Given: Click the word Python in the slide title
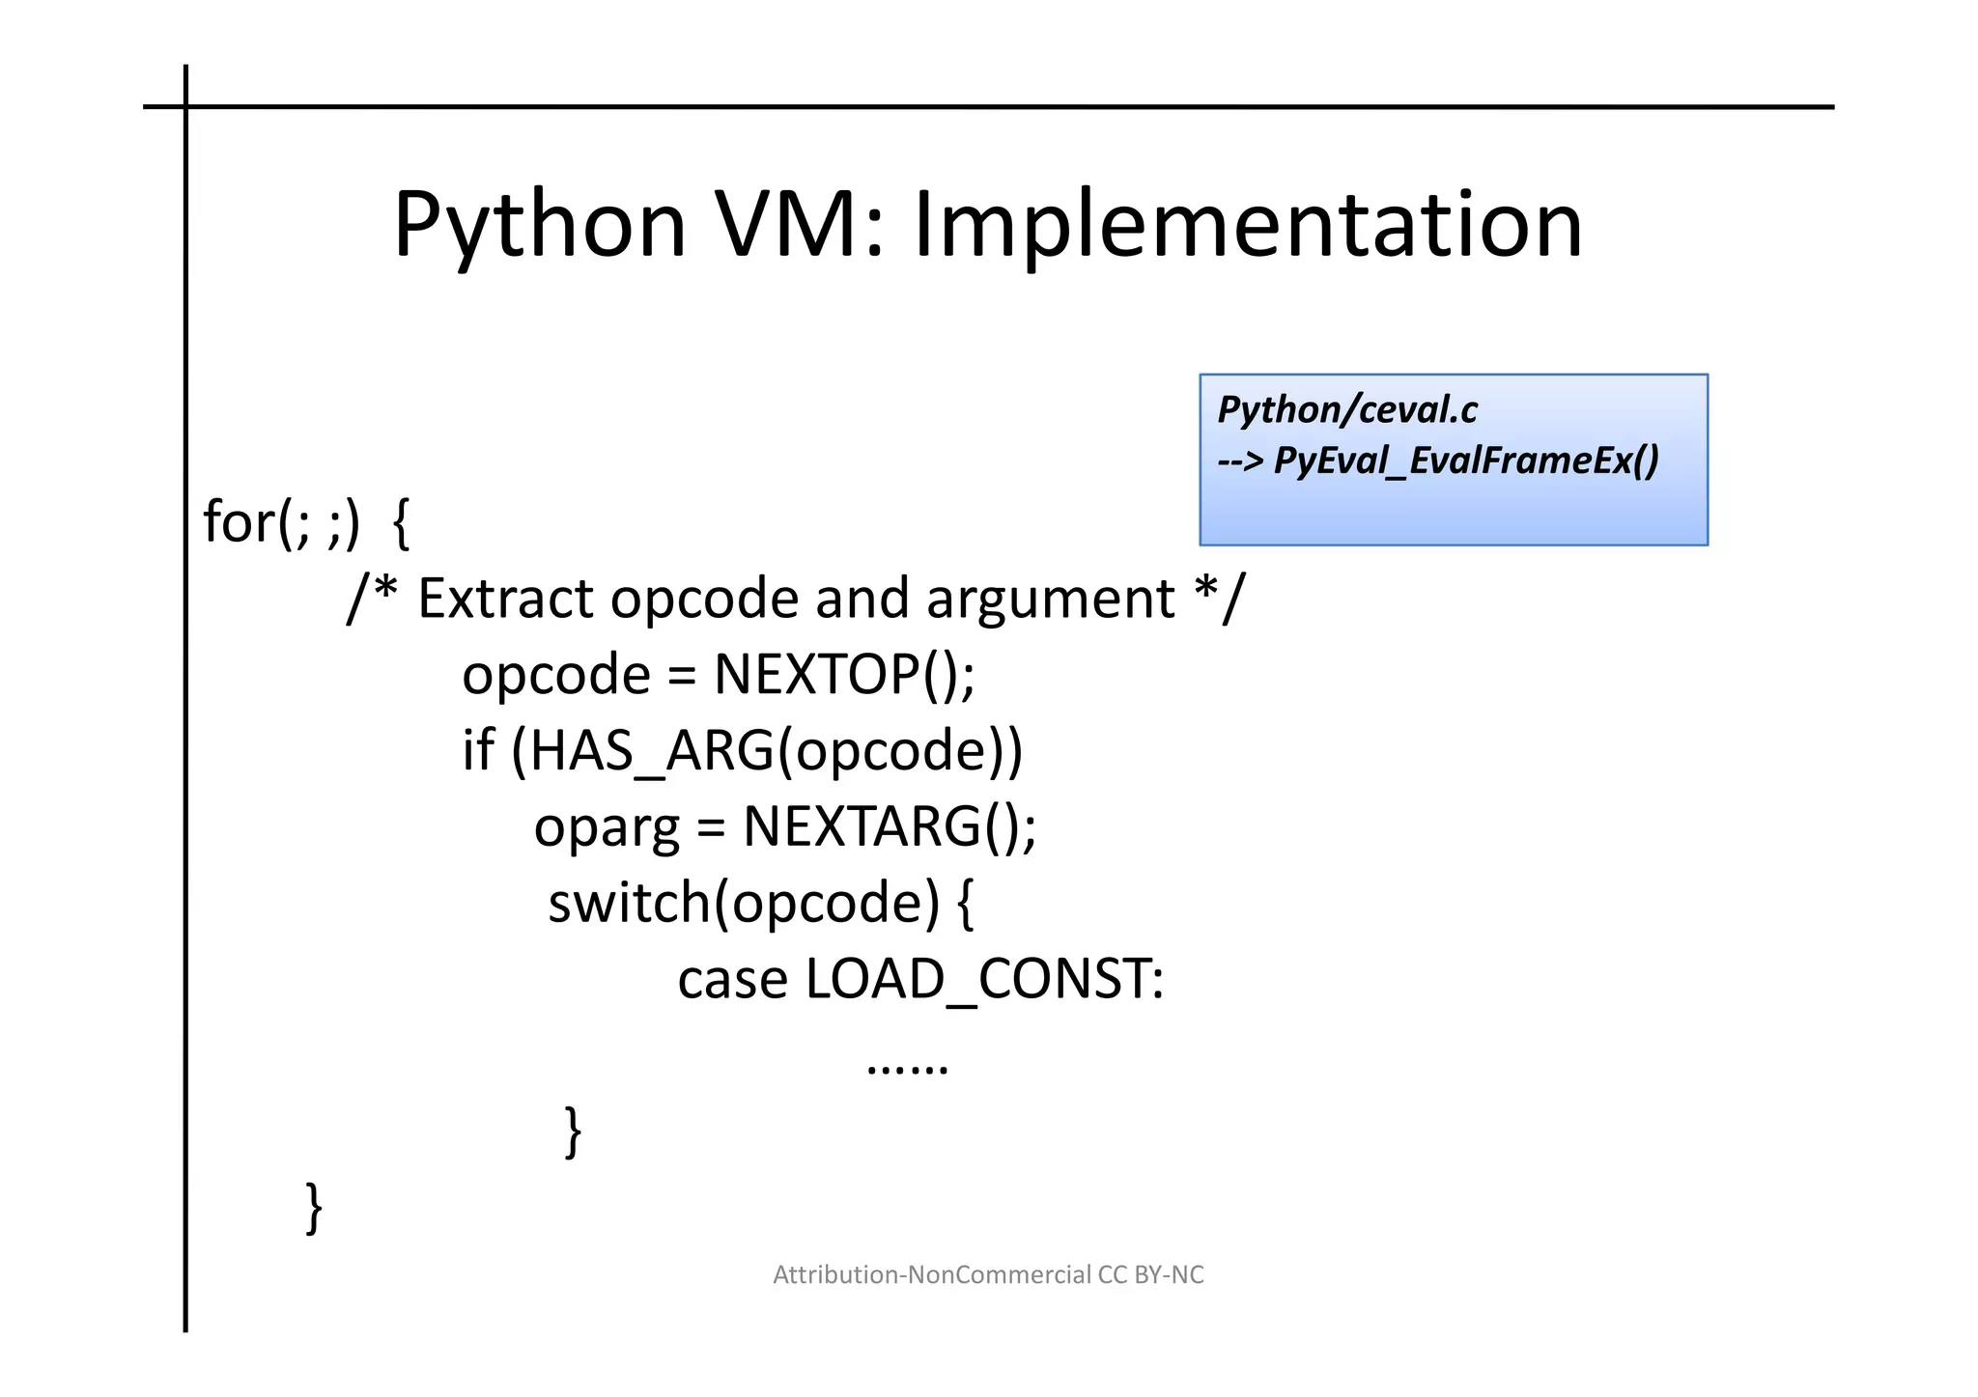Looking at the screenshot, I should pos(539,227).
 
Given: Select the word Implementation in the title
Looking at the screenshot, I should pos(1248,227).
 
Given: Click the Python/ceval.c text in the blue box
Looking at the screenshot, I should pos(1347,410).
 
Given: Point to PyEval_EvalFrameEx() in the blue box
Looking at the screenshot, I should pos(1466,461).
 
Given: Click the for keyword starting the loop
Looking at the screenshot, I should pos(240,522).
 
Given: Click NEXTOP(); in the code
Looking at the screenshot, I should pos(844,674).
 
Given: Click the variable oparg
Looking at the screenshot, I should pos(607,828).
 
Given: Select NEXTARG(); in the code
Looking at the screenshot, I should pos(890,826).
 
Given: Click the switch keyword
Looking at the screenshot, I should pos(629,903).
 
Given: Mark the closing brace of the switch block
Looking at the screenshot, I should pos(573,1132).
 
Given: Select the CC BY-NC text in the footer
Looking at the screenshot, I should pos(1150,1275).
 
